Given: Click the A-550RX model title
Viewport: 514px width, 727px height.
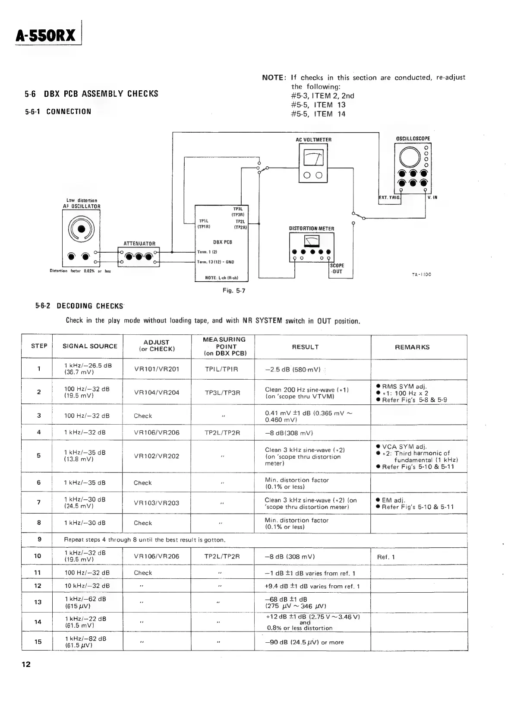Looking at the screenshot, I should (46, 35).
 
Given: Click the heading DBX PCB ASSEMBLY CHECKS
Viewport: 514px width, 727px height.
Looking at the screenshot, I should (91, 94).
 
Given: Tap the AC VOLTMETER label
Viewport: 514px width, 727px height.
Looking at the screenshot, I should (314, 140).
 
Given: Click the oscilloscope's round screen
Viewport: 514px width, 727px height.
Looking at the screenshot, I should (410, 156).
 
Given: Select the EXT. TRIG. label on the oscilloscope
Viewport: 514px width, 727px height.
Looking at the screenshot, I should (389, 198).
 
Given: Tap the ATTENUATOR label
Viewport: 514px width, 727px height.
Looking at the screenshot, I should (139, 244).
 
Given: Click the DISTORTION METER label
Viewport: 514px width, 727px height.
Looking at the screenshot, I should (311, 229).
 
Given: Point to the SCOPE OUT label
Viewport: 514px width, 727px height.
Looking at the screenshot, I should (337, 269).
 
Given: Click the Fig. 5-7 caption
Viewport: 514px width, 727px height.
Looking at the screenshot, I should (234, 291).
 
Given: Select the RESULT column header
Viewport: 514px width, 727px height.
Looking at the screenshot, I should (305, 347).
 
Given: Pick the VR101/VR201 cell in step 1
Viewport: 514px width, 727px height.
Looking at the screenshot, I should (157, 369).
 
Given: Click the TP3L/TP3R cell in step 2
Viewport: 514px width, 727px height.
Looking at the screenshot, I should (222, 393).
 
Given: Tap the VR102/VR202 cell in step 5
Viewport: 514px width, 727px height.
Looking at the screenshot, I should (157, 456).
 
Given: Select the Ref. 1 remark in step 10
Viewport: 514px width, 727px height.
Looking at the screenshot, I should (385, 557).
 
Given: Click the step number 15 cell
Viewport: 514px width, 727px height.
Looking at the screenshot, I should (38, 641).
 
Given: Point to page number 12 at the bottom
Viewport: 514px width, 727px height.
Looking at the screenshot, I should (26, 664).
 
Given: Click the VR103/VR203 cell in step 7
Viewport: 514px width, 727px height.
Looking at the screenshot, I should (157, 503).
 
